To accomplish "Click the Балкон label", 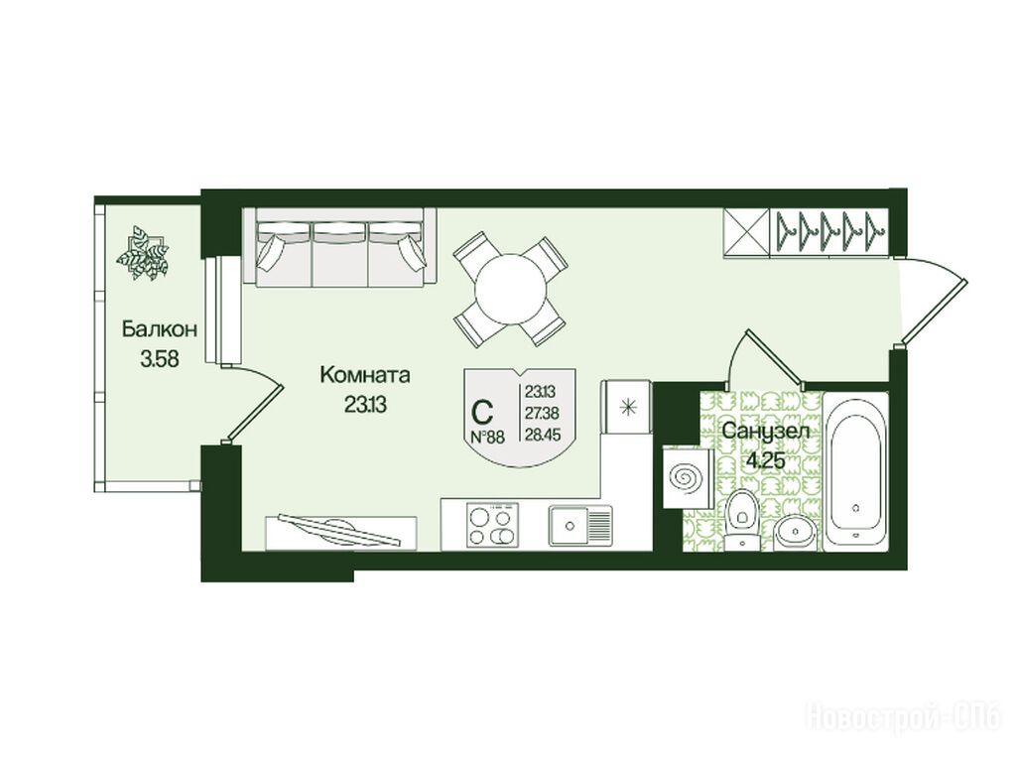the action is click(x=160, y=329).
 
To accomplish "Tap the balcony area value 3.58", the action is click(x=160, y=358).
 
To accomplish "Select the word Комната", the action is click(x=365, y=375).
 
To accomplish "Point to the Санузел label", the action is click(x=765, y=431).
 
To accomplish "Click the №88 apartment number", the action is click(x=486, y=437).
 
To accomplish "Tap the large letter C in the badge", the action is click(x=482, y=411).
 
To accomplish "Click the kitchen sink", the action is click(x=580, y=524).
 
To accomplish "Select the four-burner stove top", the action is click(x=492, y=526).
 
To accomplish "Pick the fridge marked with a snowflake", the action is click(x=627, y=406).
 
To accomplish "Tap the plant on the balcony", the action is click(x=143, y=253).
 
